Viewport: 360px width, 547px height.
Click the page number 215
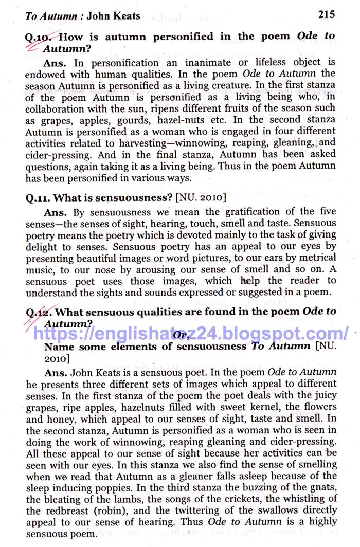pos(326,14)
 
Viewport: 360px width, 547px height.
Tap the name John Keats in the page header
pos(113,16)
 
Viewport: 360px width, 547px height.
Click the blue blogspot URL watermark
pos(191,333)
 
